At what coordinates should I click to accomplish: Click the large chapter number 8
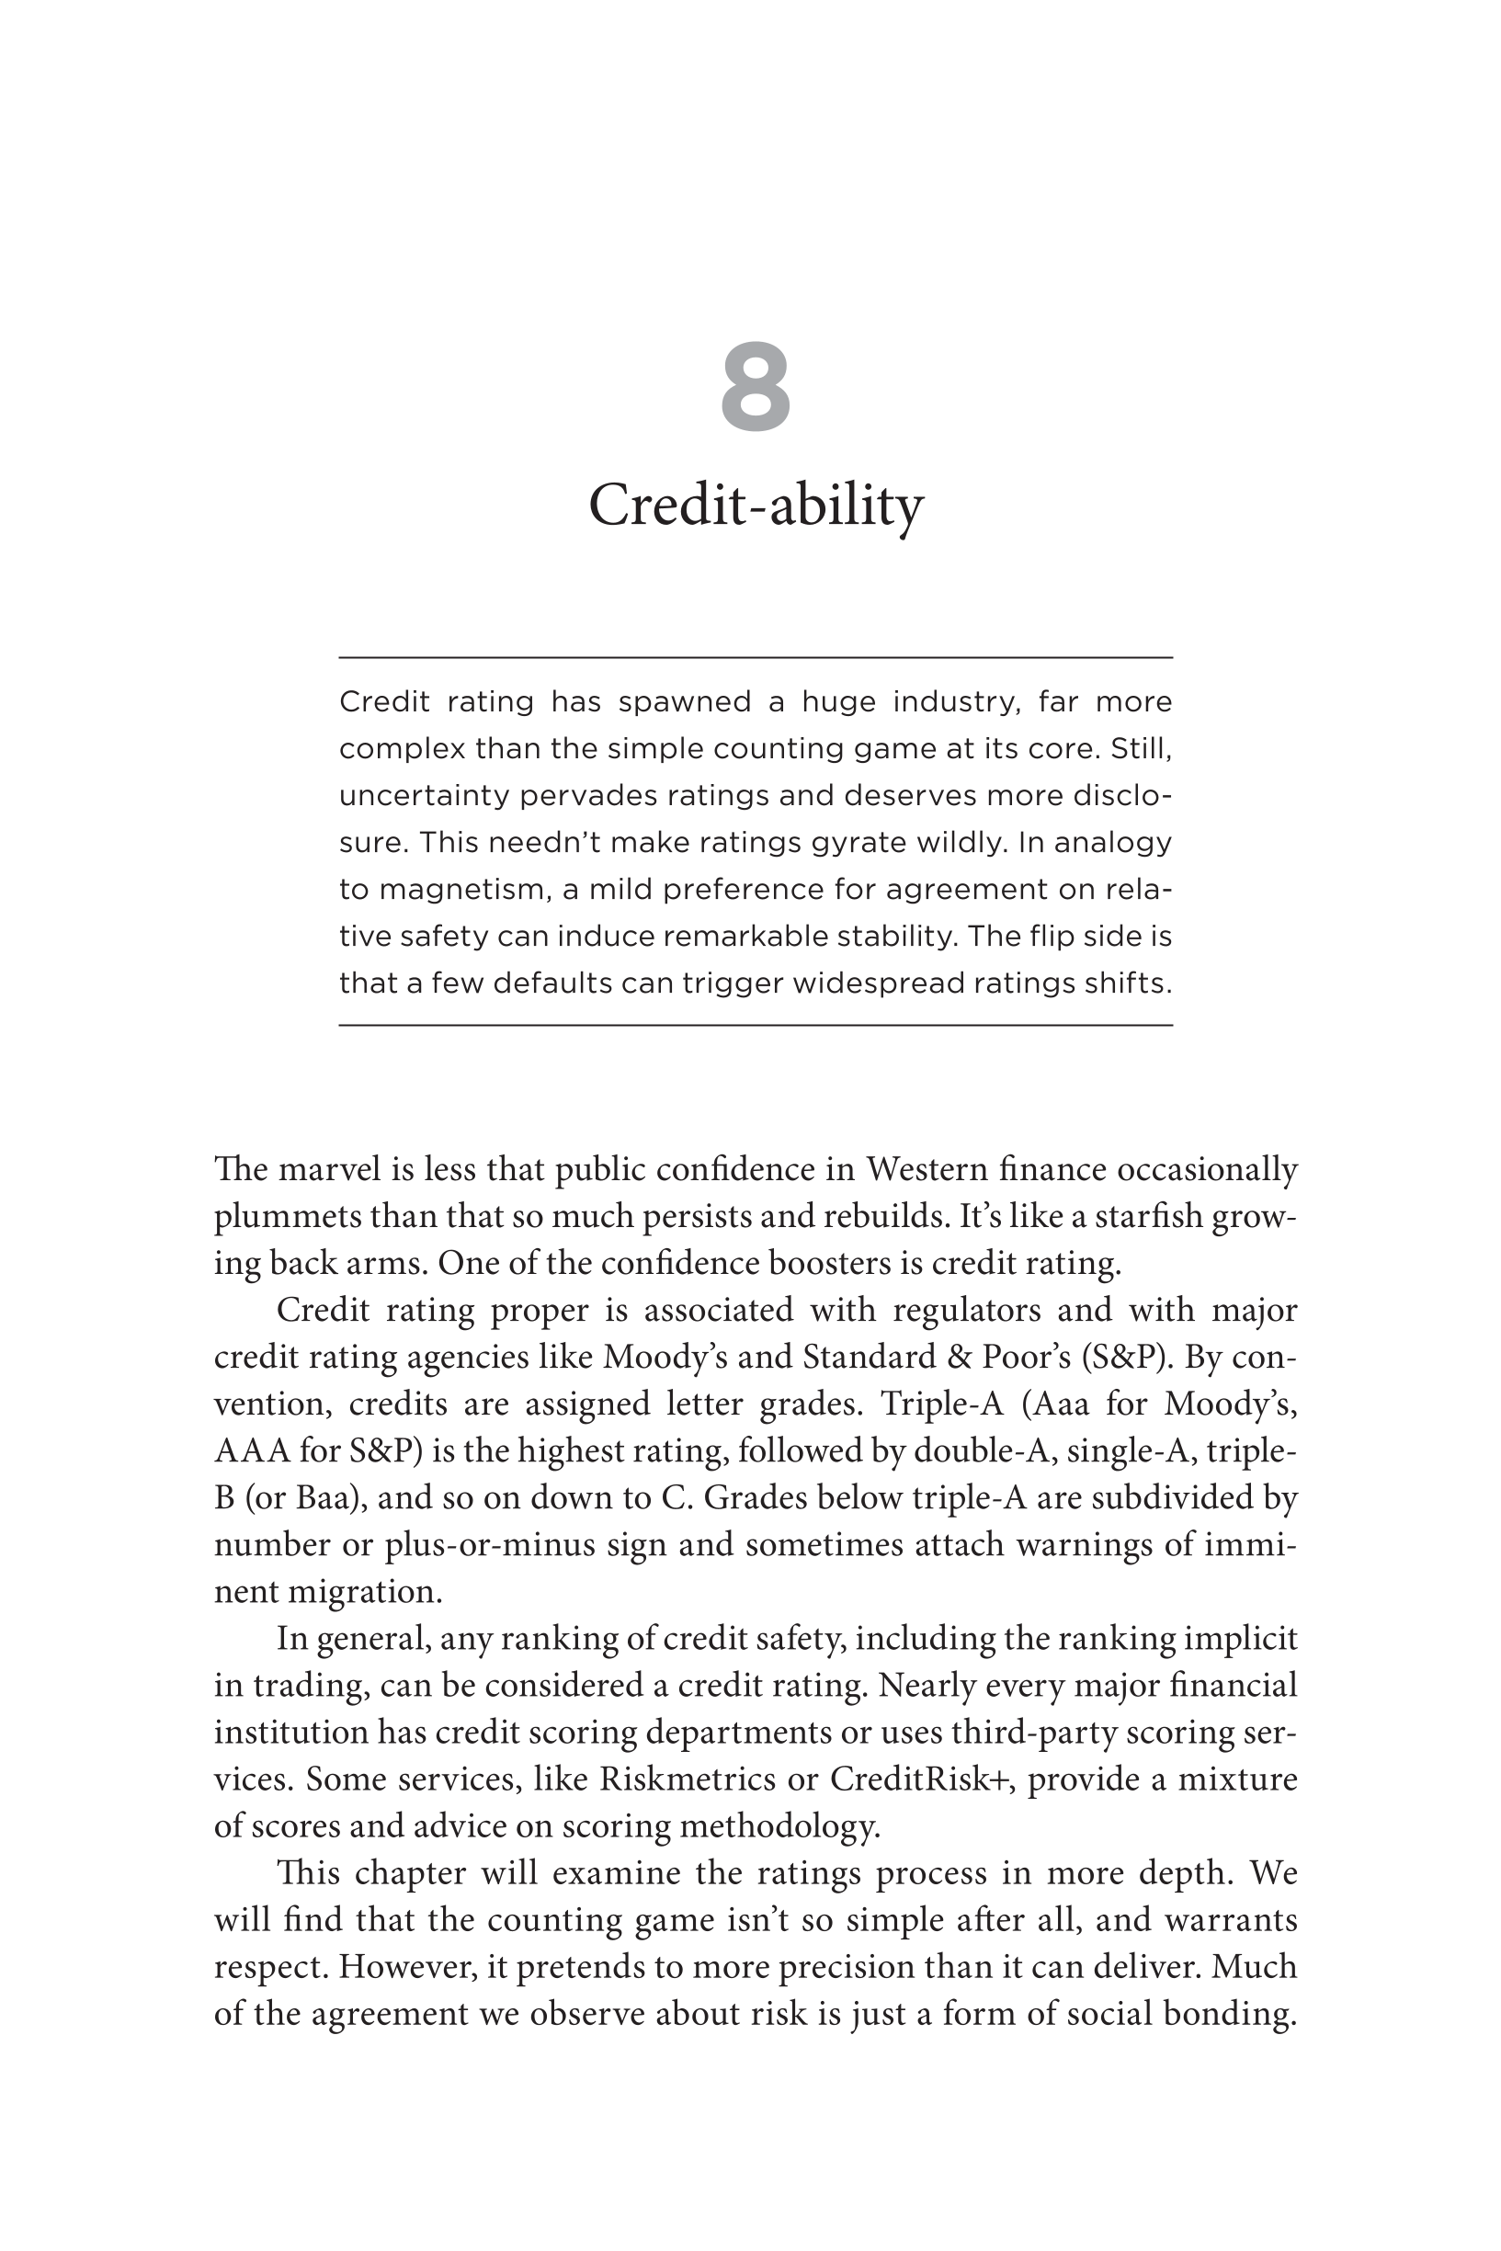[x=756, y=388]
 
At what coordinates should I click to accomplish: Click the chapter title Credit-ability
[x=756, y=505]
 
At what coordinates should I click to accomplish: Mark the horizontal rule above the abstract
[x=756, y=657]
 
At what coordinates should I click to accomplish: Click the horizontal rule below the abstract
[x=756, y=1025]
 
